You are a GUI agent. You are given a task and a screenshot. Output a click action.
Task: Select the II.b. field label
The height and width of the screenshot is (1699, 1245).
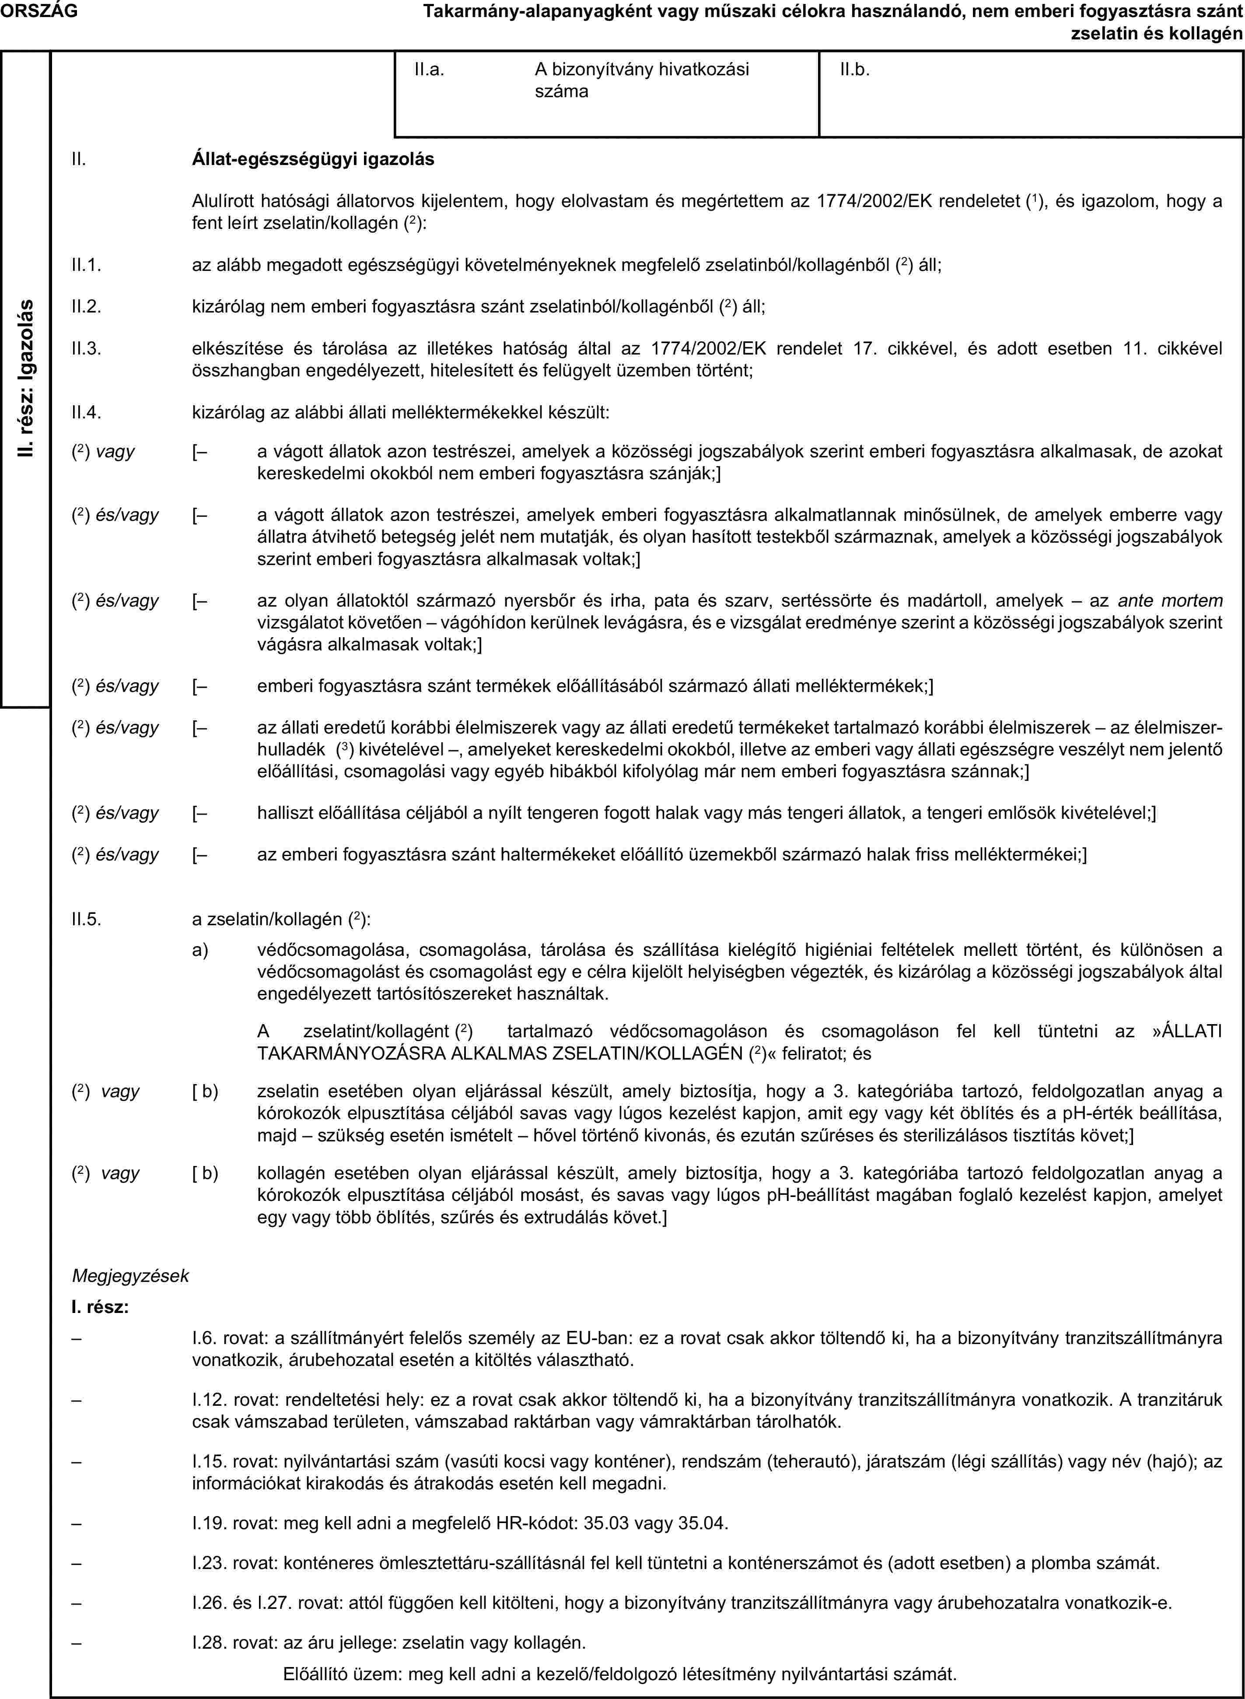(x=855, y=70)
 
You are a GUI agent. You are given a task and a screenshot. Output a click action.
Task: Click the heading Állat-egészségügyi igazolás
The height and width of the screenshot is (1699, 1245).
(x=314, y=160)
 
